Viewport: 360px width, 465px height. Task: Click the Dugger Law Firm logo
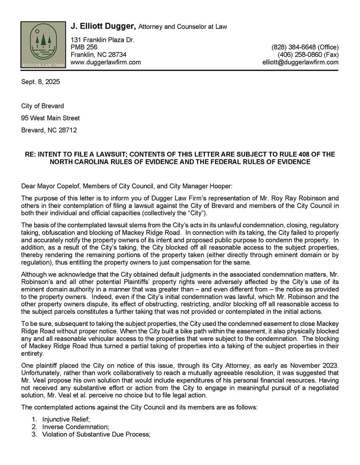point(43,44)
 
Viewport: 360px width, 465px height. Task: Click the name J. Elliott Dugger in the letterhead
point(103,26)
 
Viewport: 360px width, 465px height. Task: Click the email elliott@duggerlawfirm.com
point(300,62)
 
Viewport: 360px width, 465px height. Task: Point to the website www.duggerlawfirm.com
point(105,62)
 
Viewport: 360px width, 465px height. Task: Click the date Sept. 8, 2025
point(40,82)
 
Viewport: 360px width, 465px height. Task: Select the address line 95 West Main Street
point(50,118)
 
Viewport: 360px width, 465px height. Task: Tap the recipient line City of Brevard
point(42,106)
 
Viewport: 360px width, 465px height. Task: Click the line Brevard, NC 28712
point(49,130)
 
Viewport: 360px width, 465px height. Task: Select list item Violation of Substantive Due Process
point(96,435)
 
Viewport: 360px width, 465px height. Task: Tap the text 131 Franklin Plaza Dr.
point(102,40)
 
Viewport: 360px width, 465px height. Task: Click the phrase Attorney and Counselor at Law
point(183,27)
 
